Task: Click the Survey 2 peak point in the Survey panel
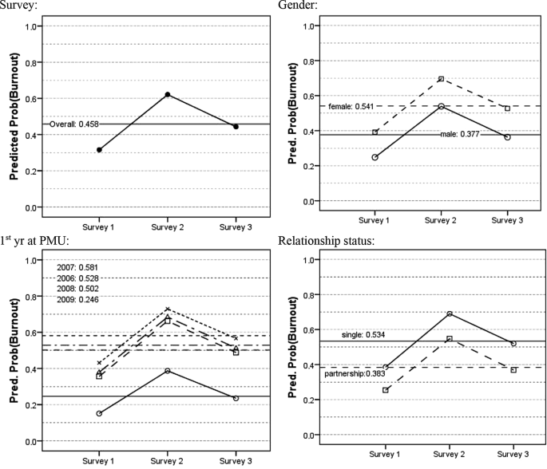(x=168, y=95)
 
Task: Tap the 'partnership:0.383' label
(x=355, y=373)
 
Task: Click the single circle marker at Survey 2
(x=450, y=313)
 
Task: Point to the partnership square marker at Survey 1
(x=386, y=390)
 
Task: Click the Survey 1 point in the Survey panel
(x=99, y=150)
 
